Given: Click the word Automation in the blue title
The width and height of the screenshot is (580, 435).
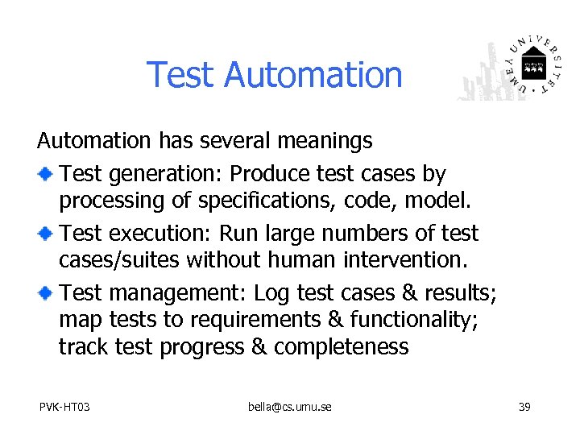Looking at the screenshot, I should coord(313,75).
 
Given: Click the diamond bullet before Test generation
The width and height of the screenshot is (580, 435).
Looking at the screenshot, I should coord(47,174).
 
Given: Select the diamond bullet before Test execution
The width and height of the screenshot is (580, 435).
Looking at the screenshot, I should coord(47,234).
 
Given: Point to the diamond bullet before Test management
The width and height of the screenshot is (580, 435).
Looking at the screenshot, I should coord(47,293).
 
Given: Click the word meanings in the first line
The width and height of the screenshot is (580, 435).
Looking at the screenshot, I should coord(325,142).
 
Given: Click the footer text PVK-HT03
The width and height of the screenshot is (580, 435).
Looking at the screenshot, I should coord(64,407).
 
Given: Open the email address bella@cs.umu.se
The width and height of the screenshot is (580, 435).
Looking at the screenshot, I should coord(289,407).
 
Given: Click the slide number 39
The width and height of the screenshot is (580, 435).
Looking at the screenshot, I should coord(524,407).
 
